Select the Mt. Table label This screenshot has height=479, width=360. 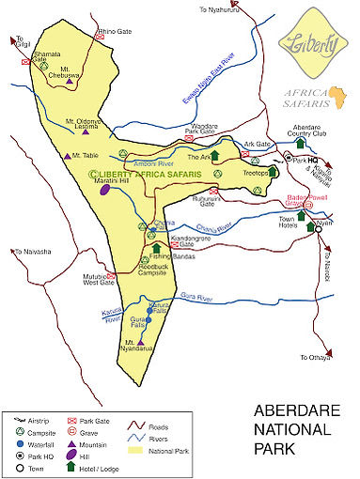pos(86,155)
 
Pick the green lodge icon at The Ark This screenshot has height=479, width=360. pos(214,156)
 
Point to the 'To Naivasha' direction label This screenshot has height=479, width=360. pos(31,252)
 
